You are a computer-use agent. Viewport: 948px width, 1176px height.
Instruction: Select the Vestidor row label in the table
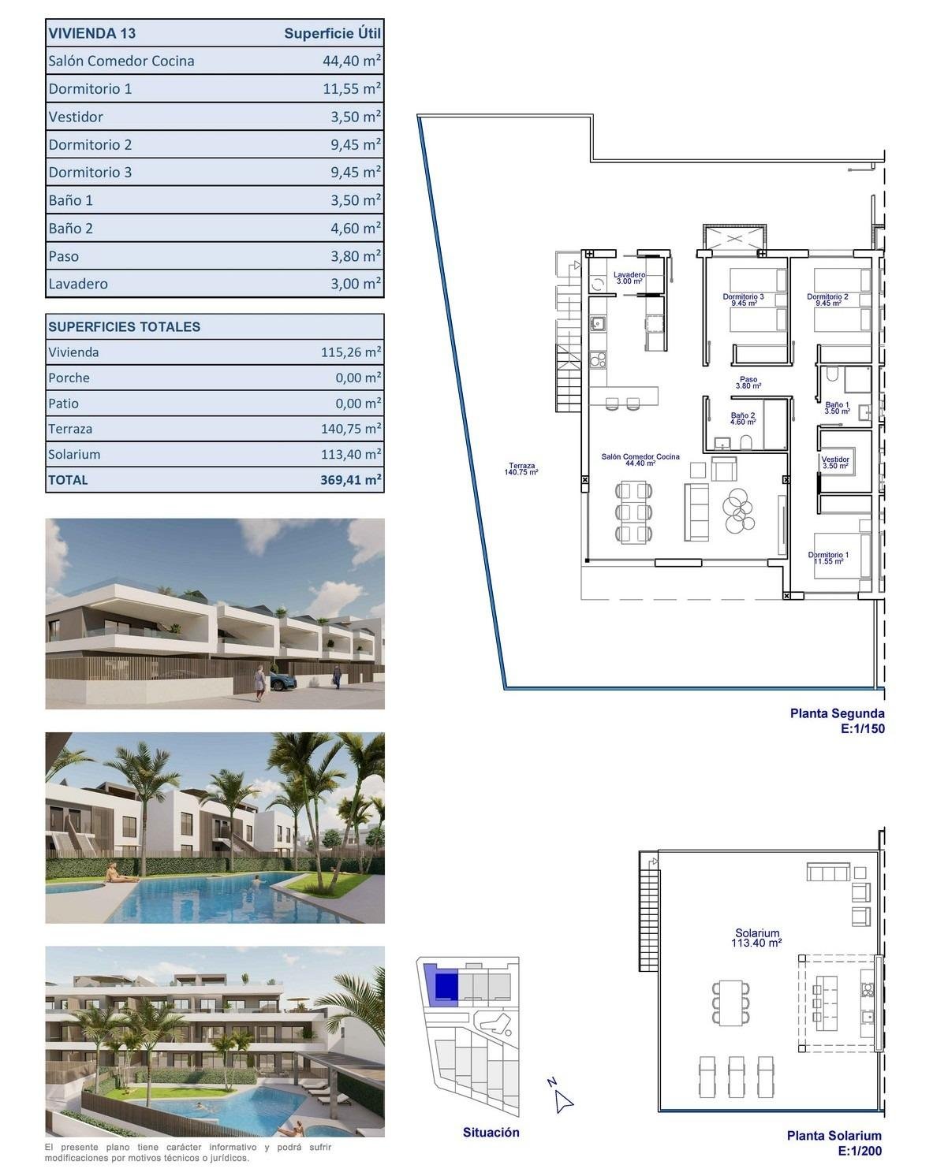click(x=76, y=117)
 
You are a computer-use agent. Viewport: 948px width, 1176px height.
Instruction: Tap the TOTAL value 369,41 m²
click(x=351, y=479)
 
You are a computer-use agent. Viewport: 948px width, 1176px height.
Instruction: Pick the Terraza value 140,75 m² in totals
click(x=351, y=429)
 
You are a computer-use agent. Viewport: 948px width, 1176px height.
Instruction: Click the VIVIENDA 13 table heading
click(x=91, y=33)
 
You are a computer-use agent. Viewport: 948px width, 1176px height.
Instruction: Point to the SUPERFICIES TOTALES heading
click(x=124, y=326)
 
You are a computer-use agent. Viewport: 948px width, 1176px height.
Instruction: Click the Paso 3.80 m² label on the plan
click(x=748, y=382)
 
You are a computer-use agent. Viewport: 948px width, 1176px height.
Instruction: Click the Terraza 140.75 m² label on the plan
click(x=521, y=468)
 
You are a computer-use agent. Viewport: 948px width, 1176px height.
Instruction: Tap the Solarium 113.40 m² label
click(x=756, y=937)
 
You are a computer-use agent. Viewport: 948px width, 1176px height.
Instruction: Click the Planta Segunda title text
click(x=837, y=713)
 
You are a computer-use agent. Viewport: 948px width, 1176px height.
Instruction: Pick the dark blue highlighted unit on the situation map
click(x=446, y=986)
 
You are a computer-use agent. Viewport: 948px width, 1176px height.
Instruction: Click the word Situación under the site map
click(x=491, y=1132)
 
